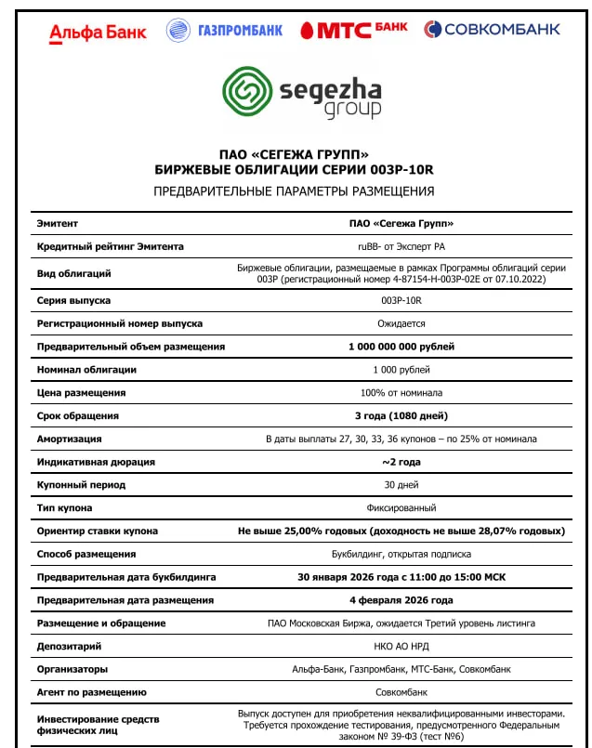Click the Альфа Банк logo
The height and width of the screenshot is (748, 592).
pos(98,33)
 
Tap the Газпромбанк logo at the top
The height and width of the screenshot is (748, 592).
pos(224,31)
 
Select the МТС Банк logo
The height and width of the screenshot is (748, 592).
pos(354,31)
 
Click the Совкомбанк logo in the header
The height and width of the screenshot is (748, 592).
pos(492,30)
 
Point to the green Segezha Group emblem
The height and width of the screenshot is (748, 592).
pos(246,90)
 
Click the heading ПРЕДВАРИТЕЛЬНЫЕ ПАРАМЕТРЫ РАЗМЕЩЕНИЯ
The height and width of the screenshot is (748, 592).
pos(294,191)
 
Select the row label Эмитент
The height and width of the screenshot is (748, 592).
pos(58,224)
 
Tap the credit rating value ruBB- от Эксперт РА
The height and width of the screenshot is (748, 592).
pos(401,247)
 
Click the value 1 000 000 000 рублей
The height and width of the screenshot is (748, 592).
pos(401,347)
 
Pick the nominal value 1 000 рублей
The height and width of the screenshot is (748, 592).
pos(401,370)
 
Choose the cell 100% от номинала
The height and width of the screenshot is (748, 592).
pos(401,393)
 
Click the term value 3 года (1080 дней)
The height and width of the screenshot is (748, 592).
pos(401,415)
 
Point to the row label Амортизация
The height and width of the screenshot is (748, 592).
pos(70,439)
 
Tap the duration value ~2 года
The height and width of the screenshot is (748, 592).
pos(401,462)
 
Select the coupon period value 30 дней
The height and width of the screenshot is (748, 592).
pos(401,485)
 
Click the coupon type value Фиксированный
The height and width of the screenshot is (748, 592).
pos(401,508)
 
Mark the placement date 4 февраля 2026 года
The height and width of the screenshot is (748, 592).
pos(401,600)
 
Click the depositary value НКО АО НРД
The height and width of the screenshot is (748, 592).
pos(401,646)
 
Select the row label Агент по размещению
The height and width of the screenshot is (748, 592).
pos(92,692)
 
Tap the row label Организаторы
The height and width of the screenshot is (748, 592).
pos(72,669)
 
